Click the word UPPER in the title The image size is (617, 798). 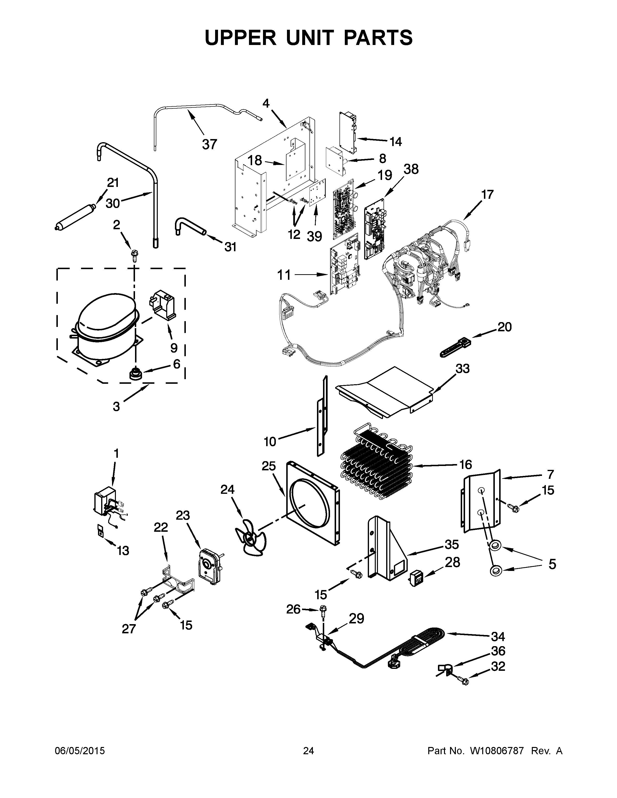tap(241, 38)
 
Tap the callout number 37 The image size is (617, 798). tap(210, 144)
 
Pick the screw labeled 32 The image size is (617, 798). tap(464, 680)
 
